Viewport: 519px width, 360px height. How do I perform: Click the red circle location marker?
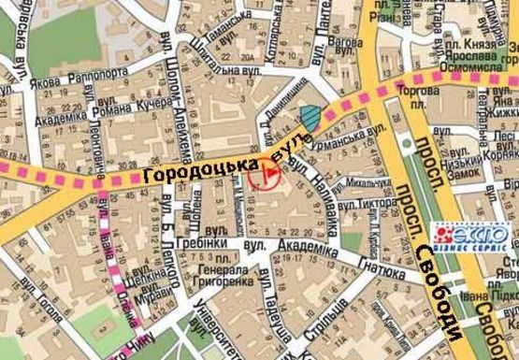pos(267,173)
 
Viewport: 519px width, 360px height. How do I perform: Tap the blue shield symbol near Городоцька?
pos(310,117)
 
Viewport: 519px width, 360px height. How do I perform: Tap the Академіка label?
pos(308,250)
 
